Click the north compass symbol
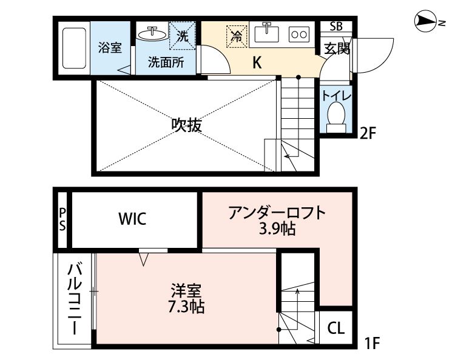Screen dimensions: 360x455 coord(428,22)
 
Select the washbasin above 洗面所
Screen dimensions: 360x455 coord(152,33)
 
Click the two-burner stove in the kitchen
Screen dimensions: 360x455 coord(298,35)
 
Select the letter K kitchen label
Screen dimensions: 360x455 coord(257,62)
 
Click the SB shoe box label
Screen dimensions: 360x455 coord(335,27)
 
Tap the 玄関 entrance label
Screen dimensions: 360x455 coord(335,48)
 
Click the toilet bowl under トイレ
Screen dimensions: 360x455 coord(335,116)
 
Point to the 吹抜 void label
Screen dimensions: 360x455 coord(186,126)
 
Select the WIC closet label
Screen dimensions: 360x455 coord(132,219)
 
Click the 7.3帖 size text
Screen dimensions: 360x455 coord(186,306)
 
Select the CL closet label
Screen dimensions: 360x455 coord(335,329)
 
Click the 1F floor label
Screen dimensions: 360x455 coord(371,344)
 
